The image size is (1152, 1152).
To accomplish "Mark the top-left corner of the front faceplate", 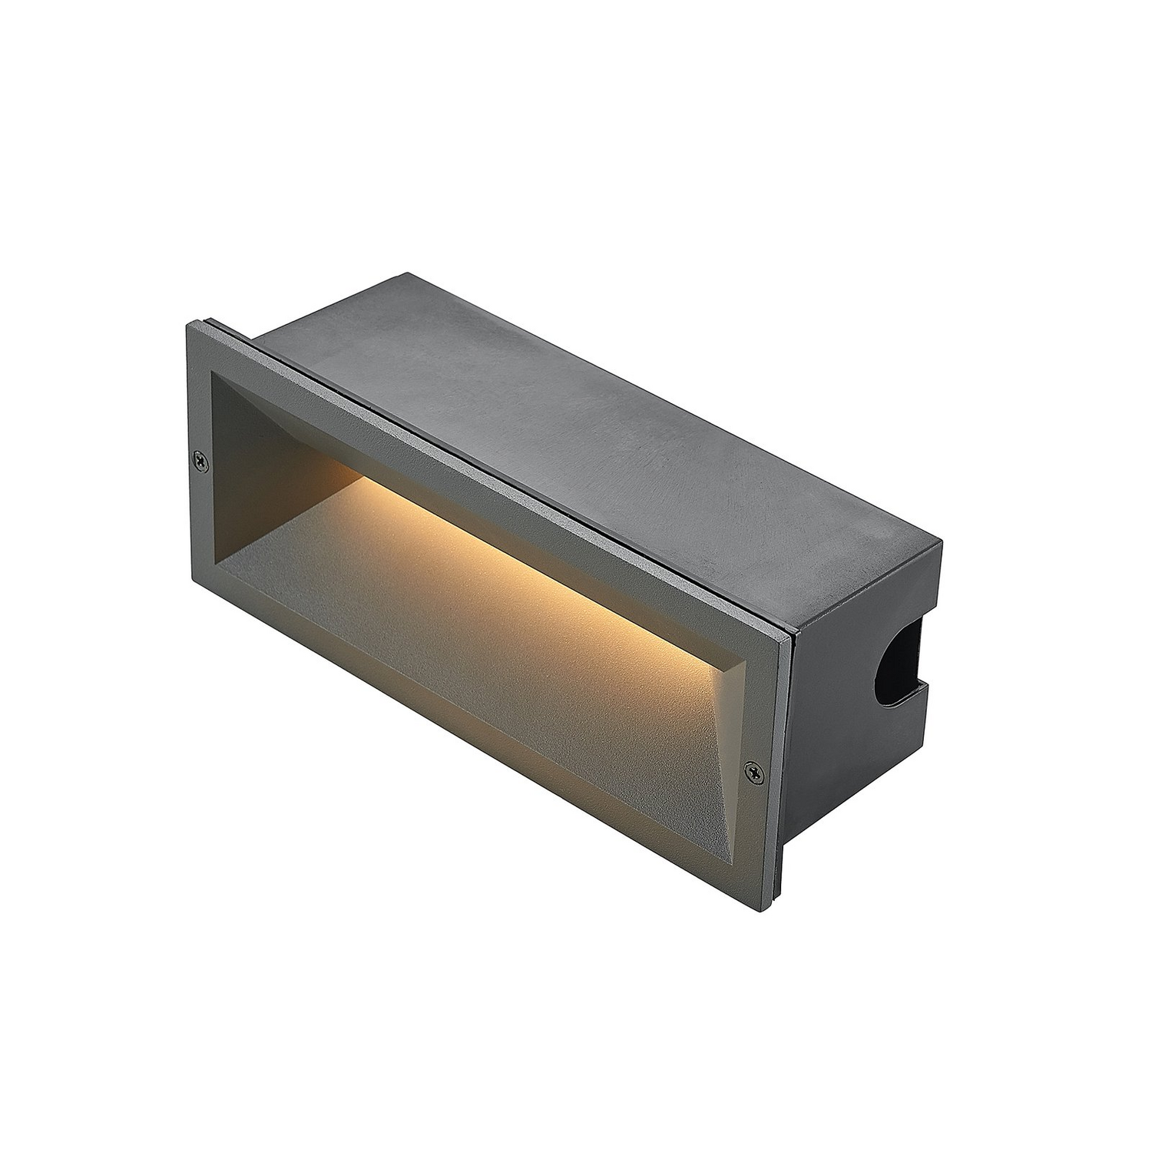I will point(187,323).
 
